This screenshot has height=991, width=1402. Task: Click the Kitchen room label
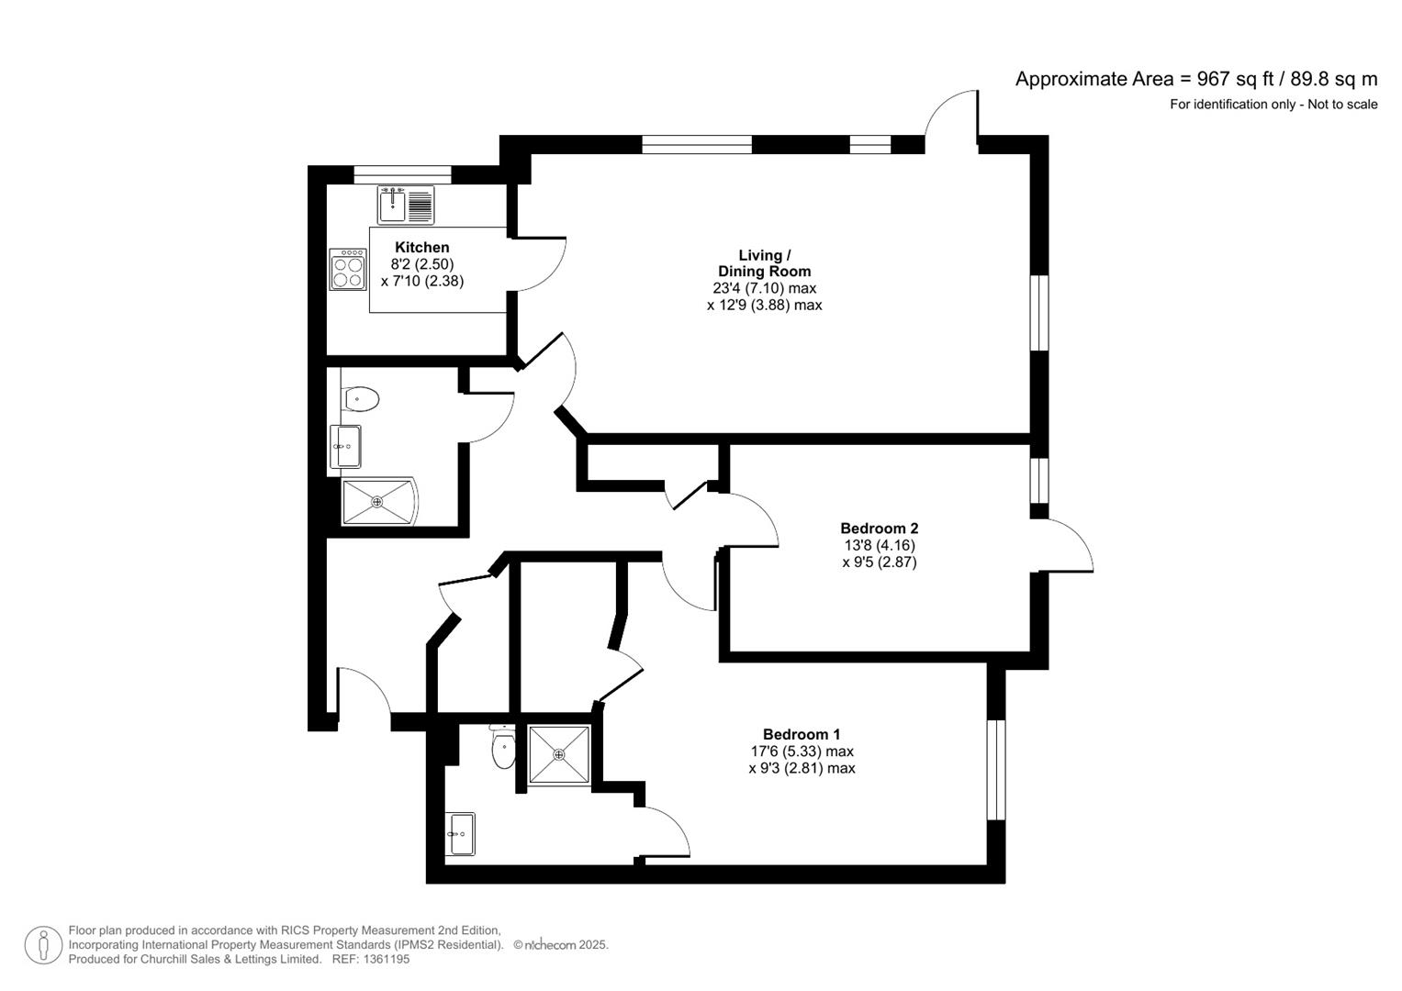click(421, 247)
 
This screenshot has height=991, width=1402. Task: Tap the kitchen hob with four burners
click(348, 270)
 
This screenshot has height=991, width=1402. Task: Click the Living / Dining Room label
click(764, 263)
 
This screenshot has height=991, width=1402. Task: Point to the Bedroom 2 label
click(879, 529)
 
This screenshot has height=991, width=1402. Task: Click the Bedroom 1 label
click(801, 734)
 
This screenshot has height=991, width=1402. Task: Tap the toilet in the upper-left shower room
click(361, 399)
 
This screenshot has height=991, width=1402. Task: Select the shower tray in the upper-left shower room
click(377, 501)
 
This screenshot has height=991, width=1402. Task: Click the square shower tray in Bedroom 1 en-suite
click(558, 754)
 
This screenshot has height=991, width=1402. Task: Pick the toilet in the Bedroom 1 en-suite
click(503, 750)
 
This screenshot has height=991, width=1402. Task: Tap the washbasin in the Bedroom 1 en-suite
click(461, 834)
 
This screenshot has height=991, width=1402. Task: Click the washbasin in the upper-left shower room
click(345, 447)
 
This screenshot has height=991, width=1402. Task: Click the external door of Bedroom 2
click(1069, 547)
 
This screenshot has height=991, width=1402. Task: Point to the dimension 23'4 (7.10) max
click(764, 288)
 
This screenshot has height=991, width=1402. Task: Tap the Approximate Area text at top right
click(1195, 79)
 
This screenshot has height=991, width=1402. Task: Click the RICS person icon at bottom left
click(43, 945)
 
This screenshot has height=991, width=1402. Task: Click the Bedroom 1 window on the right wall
click(996, 769)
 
